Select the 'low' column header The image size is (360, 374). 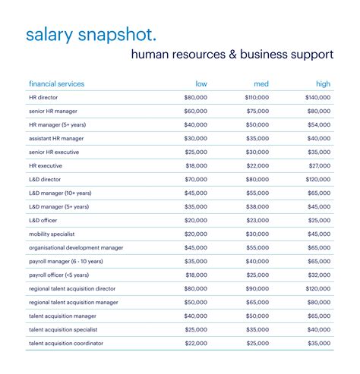pos(201,84)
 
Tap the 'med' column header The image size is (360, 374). pos(261,84)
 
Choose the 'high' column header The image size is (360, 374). pos(323,84)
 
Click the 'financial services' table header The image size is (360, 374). pos(56,84)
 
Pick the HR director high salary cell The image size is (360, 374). pos(318,98)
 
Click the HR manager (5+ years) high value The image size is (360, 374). pos(320,125)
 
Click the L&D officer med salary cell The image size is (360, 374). pos(257,220)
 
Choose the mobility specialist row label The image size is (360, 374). pos(52,234)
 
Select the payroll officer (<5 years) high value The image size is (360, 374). pos(320,275)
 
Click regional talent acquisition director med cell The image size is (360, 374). pos(257,289)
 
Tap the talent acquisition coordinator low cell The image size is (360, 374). pos(195,344)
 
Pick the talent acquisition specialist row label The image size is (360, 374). pos(66,330)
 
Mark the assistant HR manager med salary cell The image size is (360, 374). pos(257,139)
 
